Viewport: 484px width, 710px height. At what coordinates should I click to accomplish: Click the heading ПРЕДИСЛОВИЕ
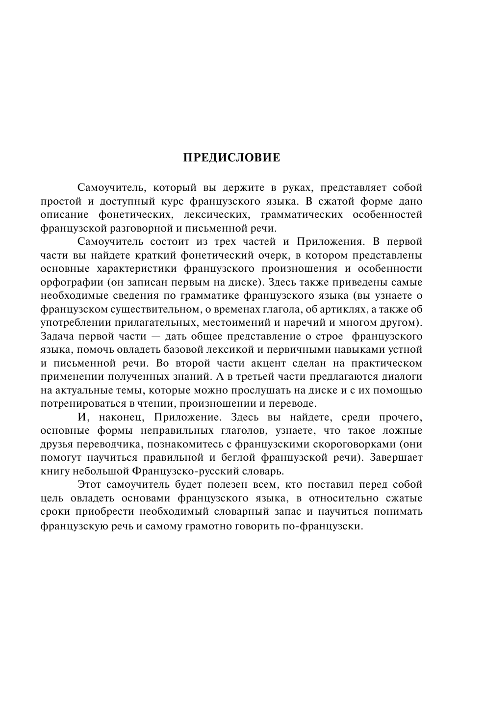coord(231,158)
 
